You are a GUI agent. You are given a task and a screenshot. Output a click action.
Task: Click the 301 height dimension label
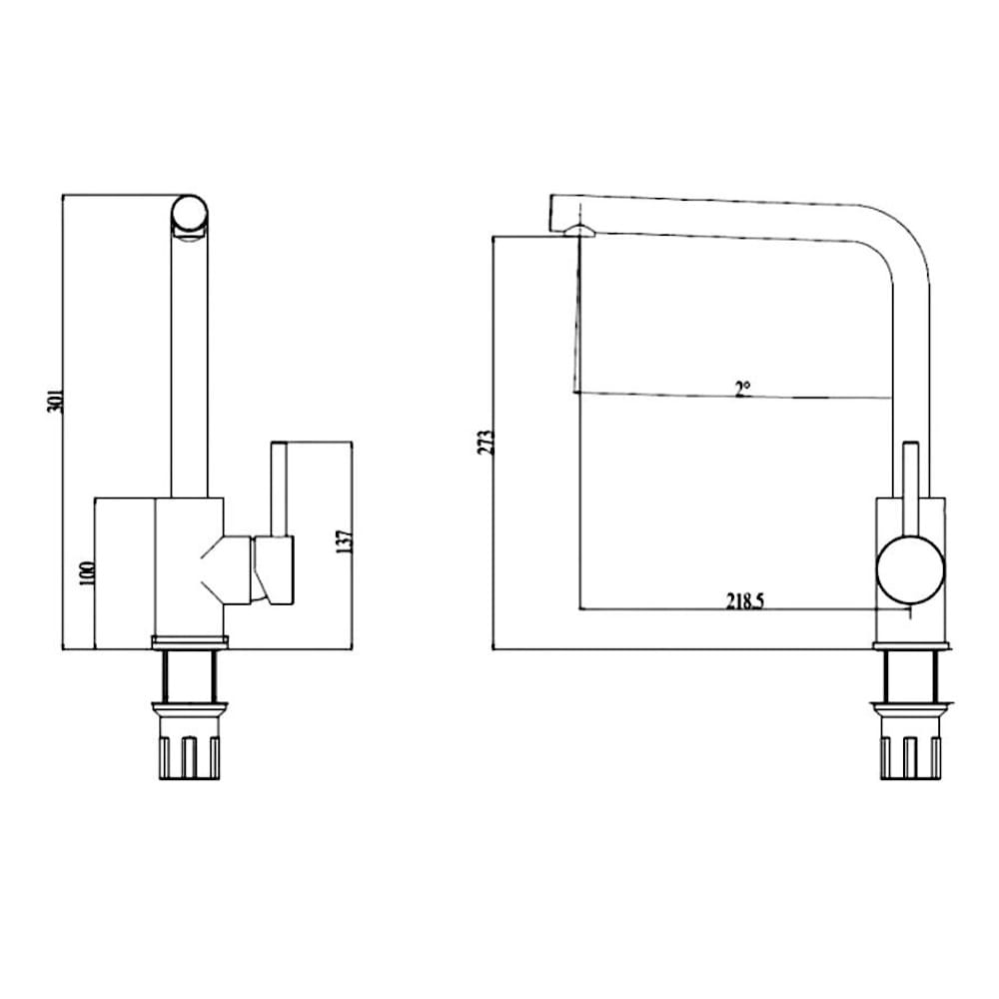[57, 400]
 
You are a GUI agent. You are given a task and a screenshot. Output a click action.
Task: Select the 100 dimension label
[87, 572]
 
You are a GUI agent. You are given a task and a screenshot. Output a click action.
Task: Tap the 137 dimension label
[345, 539]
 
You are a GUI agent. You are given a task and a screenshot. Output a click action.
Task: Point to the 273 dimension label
[486, 443]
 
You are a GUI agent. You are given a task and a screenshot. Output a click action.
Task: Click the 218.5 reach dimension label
[745, 601]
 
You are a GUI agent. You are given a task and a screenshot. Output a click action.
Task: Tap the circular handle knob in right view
[910, 568]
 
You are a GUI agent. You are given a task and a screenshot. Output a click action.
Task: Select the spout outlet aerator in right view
[579, 232]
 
